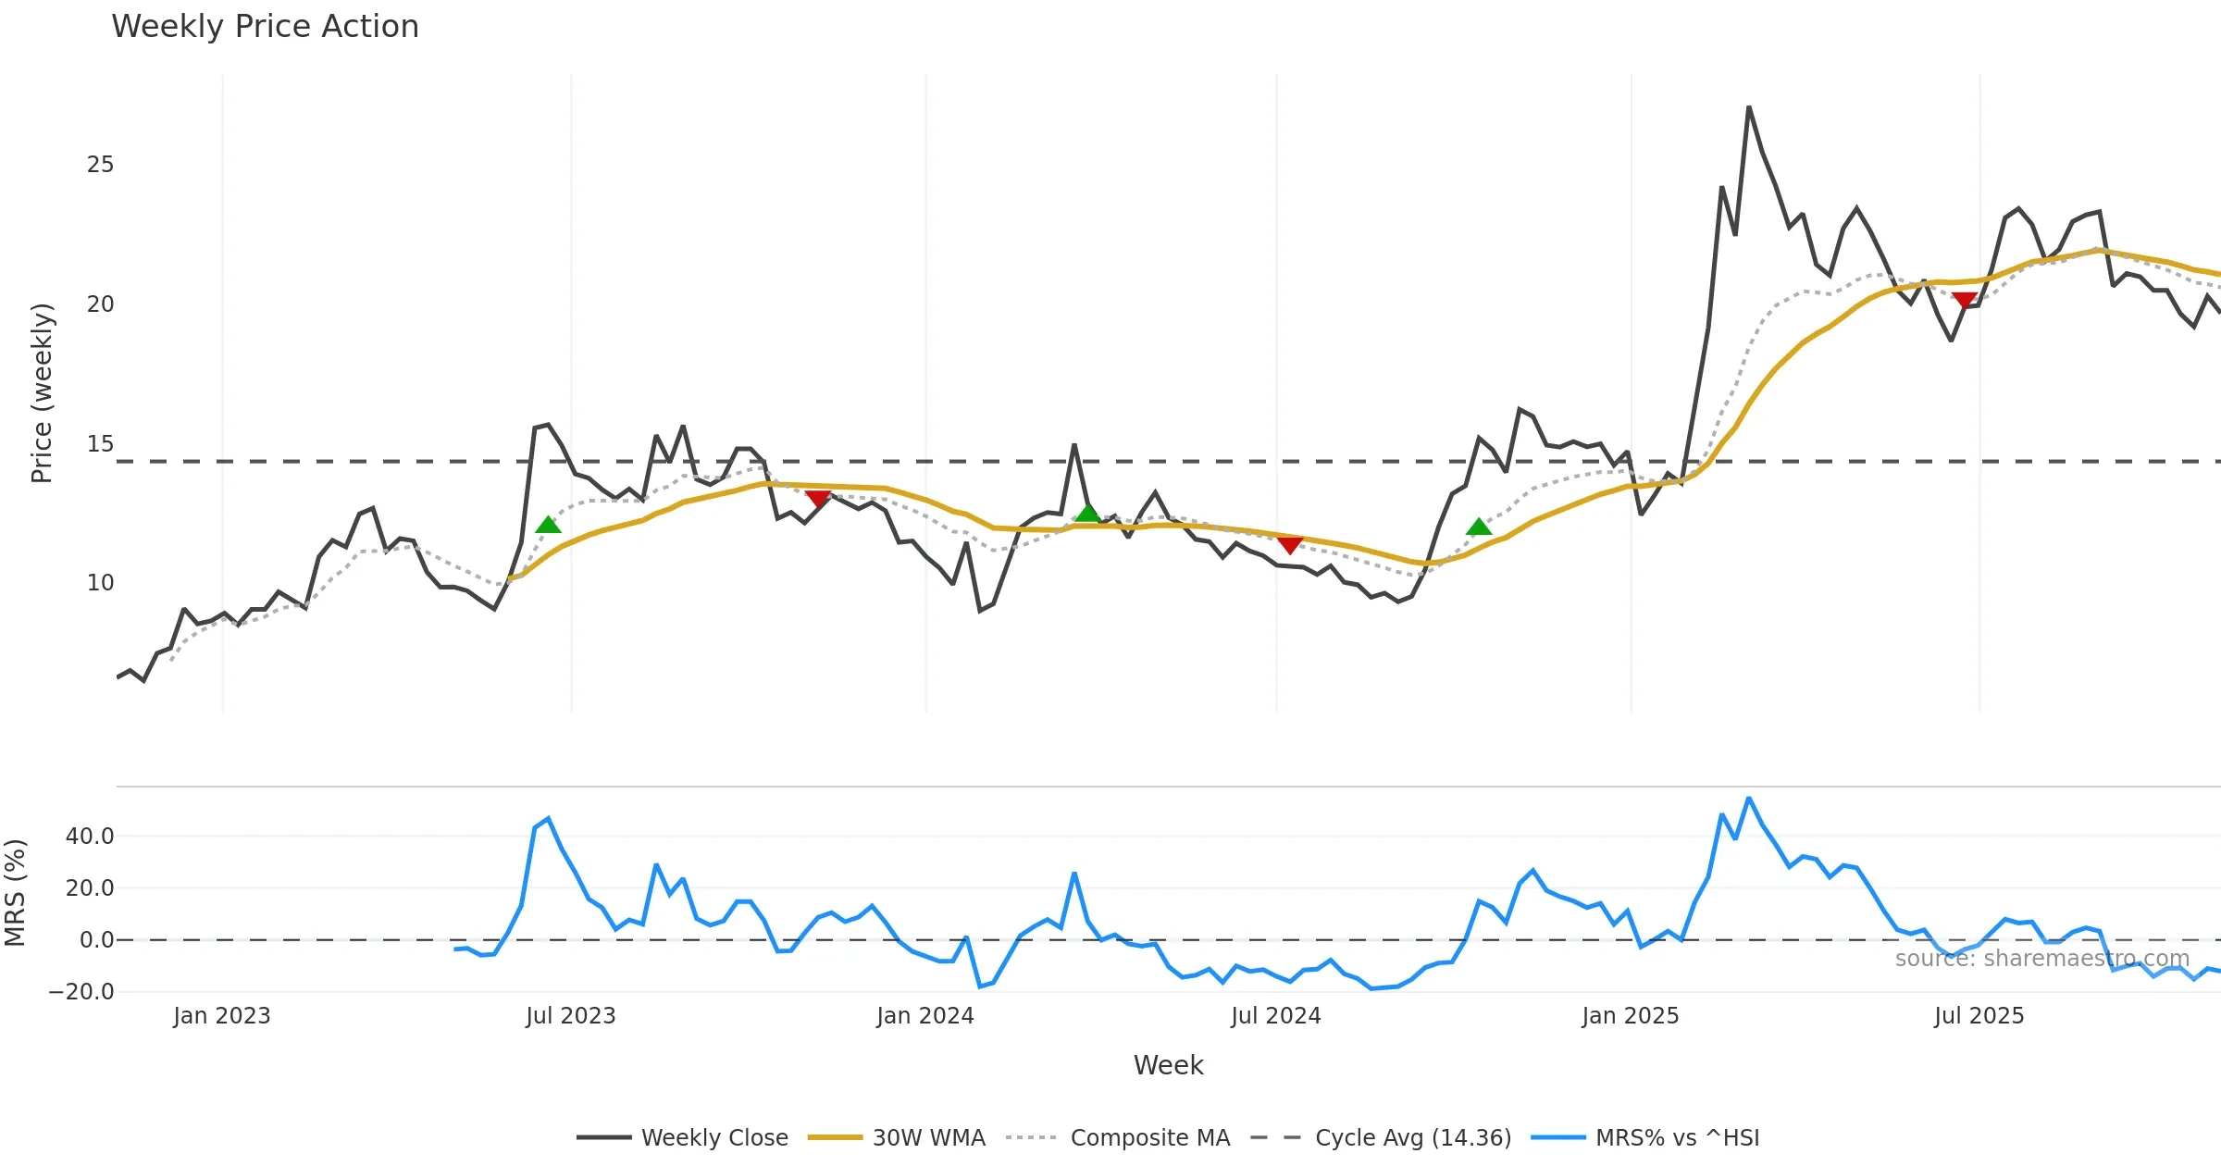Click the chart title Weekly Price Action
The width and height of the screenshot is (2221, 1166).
coord(265,27)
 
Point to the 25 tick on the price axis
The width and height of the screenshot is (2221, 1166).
coord(100,165)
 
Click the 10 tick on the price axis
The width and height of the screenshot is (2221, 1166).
coord(100,583)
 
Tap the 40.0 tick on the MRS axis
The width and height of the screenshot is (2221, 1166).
coord(90,837)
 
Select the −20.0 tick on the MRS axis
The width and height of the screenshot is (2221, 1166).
coord(81,992)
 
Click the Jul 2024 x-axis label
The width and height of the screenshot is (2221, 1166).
coord(1275,1016)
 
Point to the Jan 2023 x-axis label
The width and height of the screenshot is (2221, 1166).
coord(222,1016)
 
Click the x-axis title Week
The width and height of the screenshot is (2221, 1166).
coord(1168,1065)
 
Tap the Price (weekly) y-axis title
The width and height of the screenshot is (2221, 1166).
coord(42,393)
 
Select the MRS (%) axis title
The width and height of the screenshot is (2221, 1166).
coord(16,893)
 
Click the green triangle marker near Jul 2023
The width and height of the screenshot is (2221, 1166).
coord(548,526)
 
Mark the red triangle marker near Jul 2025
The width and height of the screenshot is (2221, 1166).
coord(1964,300)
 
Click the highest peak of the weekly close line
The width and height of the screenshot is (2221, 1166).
coord(1749,107)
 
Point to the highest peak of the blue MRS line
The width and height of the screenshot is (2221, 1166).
coord(1749,798)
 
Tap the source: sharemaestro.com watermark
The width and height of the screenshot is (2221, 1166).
coord(2042,959)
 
